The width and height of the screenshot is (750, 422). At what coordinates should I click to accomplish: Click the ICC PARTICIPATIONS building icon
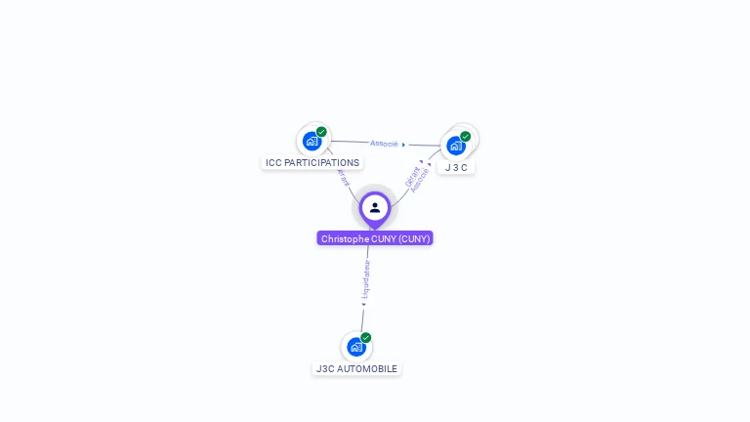pos(312,142)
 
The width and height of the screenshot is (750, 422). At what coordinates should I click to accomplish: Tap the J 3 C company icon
pos(455,147)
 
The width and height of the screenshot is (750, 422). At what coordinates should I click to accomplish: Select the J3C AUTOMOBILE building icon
pos(356,347)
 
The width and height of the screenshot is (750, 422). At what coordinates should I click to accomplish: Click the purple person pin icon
pos(375,208)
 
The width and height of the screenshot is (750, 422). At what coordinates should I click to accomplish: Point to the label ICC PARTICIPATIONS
pos(312,163)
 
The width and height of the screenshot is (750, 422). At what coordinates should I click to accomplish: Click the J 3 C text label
pos(456,168)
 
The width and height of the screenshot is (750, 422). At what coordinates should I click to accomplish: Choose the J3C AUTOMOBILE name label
pos(356,369)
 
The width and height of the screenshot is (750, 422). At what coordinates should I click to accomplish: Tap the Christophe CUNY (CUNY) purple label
pos(375,238)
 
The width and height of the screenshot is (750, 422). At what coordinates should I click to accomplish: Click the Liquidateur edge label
pos(366,277)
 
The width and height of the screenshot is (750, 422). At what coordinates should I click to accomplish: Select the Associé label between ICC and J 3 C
pos(384,144)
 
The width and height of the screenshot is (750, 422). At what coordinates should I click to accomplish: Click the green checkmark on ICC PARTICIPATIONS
pos(321,132)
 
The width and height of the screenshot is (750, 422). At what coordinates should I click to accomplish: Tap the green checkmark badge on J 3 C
pos(466,137)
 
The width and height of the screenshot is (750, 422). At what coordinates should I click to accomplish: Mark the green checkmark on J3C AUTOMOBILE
pos(366,337)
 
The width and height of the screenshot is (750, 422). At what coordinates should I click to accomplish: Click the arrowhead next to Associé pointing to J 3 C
pos(403,145)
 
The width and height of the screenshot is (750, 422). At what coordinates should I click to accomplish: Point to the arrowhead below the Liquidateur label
pos(364,304)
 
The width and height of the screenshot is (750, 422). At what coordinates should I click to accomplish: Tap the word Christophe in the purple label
pos(345,238)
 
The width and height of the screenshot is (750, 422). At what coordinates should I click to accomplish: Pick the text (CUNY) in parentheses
pos(414,238)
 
